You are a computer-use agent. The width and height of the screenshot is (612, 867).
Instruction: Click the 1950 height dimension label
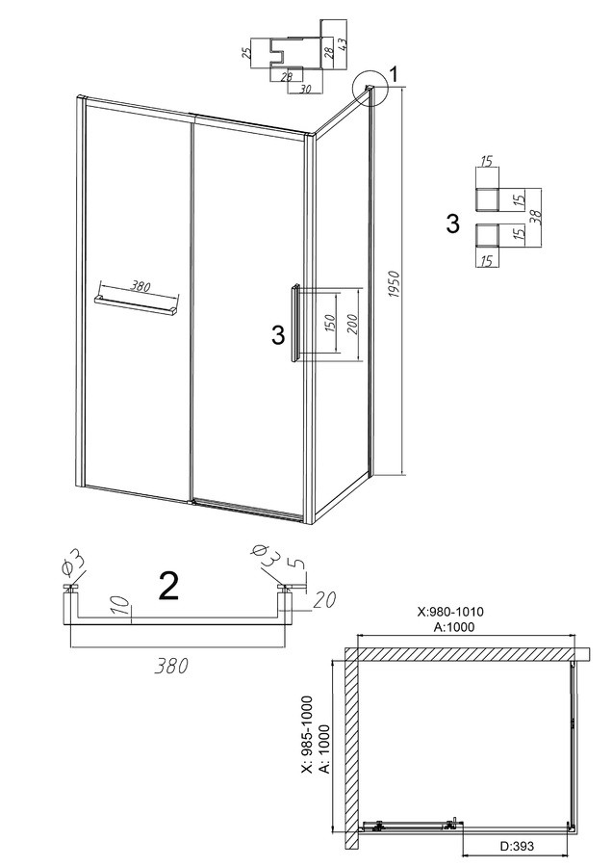tap(395, 285)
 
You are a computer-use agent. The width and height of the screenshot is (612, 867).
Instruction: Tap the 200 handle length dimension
tap(353, 324)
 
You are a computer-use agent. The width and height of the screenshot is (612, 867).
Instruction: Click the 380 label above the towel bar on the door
tap(140, 286)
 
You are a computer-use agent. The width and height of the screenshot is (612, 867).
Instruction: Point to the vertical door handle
tap(295, 324)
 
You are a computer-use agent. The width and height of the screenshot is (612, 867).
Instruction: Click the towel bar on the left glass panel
tap(137, 305)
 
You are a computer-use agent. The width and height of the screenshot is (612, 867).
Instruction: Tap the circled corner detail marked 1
tap(370, 87)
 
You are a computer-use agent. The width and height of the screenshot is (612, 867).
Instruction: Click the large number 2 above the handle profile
tap(169, 586)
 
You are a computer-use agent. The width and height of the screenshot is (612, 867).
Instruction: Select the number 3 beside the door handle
tap(279, 335)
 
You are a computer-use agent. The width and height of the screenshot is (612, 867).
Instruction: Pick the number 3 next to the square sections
tap(452, 223)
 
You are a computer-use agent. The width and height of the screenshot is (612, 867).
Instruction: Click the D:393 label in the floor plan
tap(518, 847)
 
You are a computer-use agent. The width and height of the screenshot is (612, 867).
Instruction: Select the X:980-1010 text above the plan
tap(450, 612)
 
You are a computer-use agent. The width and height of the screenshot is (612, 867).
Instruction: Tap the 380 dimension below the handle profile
tap(172, 666)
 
